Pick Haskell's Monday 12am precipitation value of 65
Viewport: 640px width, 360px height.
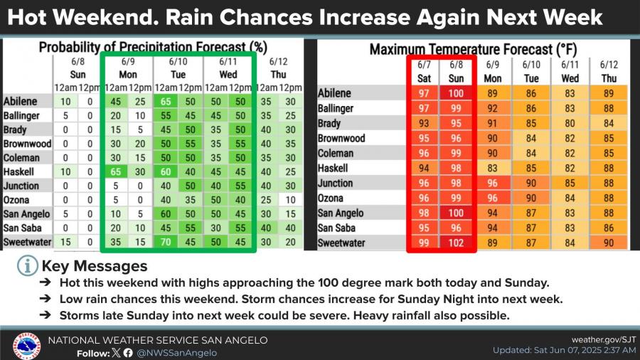pyautogui.click(x=114, y=171)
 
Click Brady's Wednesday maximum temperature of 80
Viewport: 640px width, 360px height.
pyautogui.click(x=570, y=123)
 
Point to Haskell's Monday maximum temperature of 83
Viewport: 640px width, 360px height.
pyautogui.click(x=492, y=168)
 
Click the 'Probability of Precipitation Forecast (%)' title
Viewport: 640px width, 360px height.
pyautogui.click(x=152, y=48)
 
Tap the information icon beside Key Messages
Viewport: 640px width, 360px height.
pyautogui.click(x=28, y=266)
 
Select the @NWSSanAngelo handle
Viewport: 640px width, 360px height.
pyautogui.click(x=178, y=352)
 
